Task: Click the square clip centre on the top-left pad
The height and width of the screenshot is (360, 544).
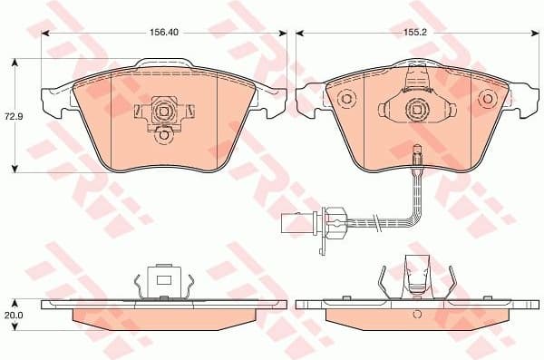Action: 164,112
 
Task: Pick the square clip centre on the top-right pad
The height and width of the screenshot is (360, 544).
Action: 417,112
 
